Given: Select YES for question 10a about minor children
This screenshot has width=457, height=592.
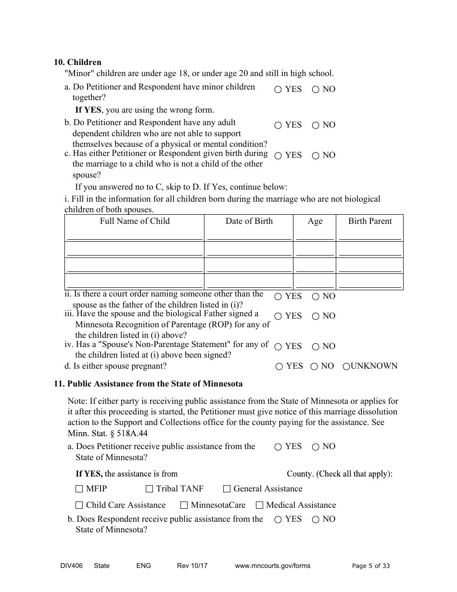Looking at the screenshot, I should click(278, 90).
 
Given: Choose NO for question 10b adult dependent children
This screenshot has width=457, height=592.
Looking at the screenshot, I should click(316, 125).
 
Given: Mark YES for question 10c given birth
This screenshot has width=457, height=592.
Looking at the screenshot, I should click(278, 155).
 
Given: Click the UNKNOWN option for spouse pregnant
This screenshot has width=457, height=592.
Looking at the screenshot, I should click(346, 366).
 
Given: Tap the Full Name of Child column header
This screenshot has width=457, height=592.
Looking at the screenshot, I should click(135, 221).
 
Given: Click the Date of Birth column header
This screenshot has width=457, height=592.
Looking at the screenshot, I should click(249, 221).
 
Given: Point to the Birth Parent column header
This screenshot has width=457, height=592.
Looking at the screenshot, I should click(370, 221).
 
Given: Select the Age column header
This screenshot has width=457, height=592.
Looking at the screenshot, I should click(315, 221).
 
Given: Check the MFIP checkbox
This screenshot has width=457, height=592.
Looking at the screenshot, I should click(79, 489).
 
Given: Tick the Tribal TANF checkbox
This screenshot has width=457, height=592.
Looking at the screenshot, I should click(150, 489).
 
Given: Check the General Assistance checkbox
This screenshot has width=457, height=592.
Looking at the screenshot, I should click(227, 489).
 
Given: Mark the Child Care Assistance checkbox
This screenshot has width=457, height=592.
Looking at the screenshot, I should click(79, 505).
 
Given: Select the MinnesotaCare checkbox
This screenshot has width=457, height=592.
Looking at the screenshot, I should click(184, 505).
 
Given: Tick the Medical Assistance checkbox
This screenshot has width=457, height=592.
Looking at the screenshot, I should click(260, 505).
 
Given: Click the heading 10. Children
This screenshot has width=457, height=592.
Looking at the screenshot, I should click(77, 63).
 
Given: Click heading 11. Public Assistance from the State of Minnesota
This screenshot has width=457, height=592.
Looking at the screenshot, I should click(148, 384).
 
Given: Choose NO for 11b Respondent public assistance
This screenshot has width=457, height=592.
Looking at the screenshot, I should click(316, 519).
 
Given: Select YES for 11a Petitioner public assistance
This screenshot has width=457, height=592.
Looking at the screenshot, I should click(278, 447).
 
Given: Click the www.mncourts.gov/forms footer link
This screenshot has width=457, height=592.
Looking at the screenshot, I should click(272, 566).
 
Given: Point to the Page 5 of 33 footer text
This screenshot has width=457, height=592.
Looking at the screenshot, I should click(371, 566).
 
